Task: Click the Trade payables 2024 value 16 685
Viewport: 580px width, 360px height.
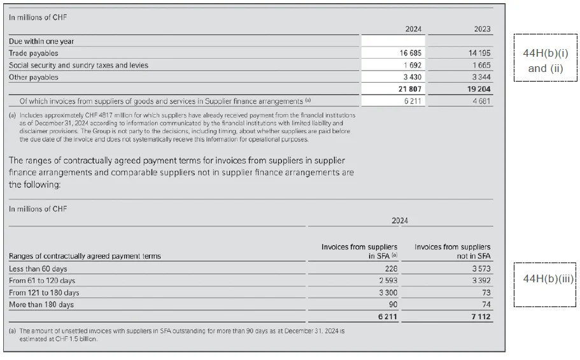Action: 410,54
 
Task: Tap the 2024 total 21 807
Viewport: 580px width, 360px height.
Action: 410,89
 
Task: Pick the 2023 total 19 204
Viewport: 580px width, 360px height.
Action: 477,89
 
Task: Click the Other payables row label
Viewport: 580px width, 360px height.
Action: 33,77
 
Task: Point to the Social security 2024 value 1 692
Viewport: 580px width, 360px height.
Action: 413,65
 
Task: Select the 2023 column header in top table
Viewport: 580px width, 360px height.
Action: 481,29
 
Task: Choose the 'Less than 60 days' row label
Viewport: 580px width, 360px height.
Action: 38,269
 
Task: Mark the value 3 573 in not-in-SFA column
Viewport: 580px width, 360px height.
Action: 481,269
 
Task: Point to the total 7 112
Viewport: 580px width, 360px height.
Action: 481,316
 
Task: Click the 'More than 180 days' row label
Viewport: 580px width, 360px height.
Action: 41,305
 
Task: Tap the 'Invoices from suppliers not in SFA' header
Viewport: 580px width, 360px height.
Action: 453,251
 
